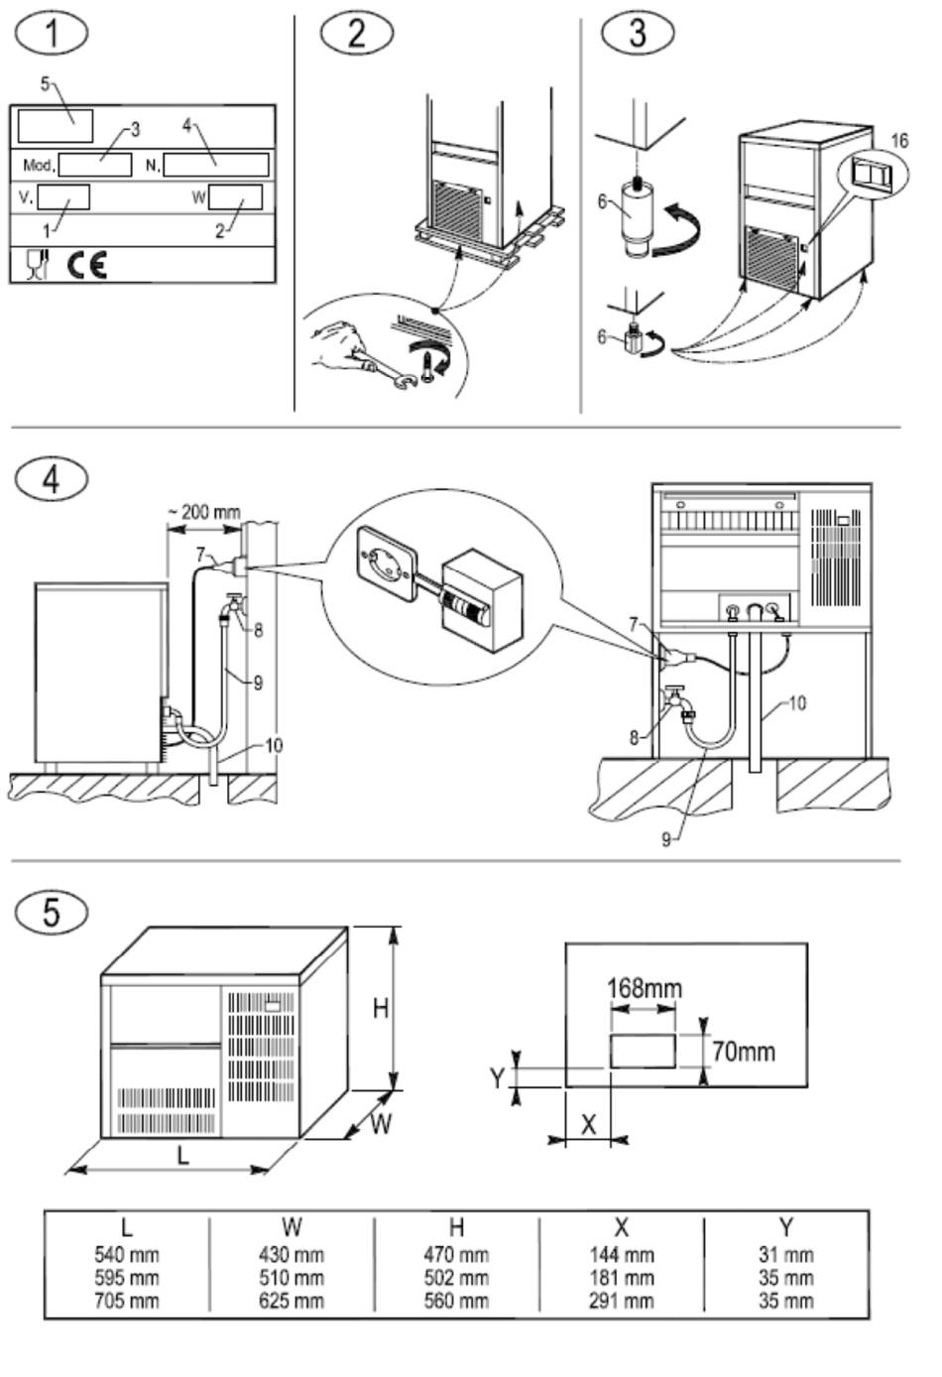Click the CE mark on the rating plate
[x=86, y=264]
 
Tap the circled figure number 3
[x=638, y=32]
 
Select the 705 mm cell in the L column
[x=127, y=1301]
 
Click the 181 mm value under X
[x=622, y=1278]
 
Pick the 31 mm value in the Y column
[x=786, y=1255]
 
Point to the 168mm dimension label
[x=645, y=988]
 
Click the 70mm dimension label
[x=744, y=1052]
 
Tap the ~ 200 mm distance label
[x=204, y=512]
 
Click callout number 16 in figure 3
[x=899, y=141]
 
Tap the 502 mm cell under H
[x=456, y=1278]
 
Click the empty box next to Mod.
[x=95, y=164]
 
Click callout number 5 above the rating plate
[x=45, y=83]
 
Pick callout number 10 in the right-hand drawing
[x=797, y=703]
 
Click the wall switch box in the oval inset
[x=482, y=600]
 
